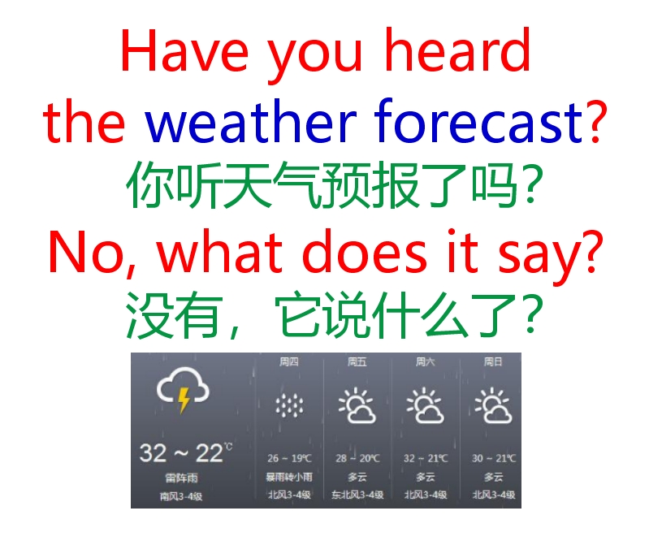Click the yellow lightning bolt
pyautogui.click(x=184, y=400)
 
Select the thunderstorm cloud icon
pyautogui.click(x=183, y=391)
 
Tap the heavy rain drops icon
pyautogui.click(x=288, y=405)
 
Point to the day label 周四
pyautogui.click(x=288, y=361)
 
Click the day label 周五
pyautogui.click(x=357, y=361)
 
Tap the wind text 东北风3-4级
pyautogui.click(x=357, y=495)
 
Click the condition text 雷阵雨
pyautogui.click(x=181, y=478)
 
